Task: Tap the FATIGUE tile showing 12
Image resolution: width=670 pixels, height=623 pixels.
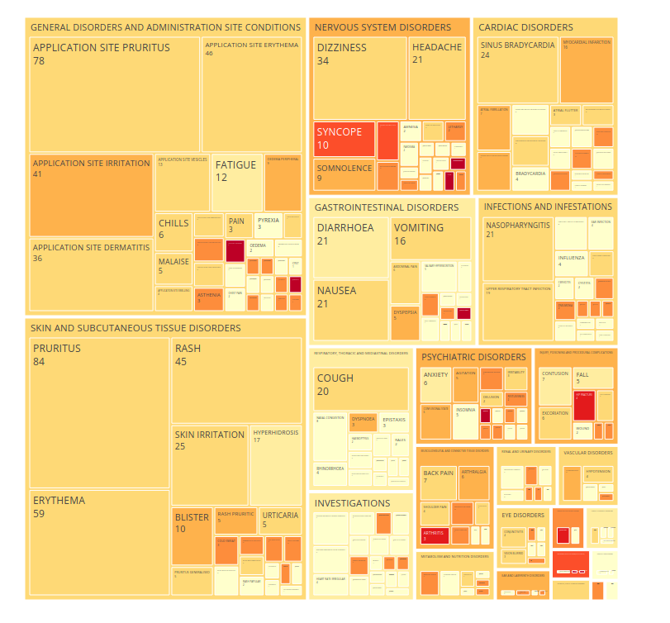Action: (x=236, y=182)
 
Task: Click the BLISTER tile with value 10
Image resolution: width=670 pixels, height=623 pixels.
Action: (x=192, y=535)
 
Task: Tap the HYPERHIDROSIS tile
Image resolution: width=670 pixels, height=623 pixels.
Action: (x=275, y=463)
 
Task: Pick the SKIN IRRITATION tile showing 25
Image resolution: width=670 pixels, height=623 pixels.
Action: (x=210, y=464)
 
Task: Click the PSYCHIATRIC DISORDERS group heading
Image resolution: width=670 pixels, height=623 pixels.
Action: (x=473, y=357)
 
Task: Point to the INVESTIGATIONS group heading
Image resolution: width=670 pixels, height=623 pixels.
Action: (x=352, y=503)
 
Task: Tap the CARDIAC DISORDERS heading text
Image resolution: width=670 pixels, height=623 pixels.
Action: (x=525, y=27)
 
